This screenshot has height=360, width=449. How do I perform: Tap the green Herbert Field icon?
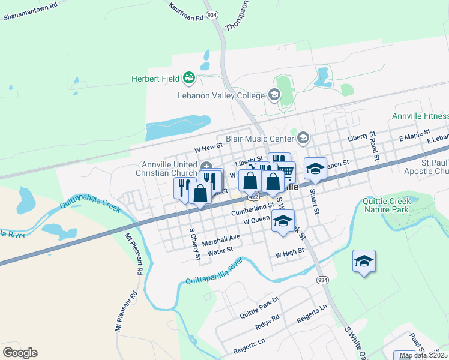pos(190,77)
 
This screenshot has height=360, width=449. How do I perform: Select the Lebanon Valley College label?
pos(221,95)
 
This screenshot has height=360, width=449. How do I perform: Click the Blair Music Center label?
pos(260,138)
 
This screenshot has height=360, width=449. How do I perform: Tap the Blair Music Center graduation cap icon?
pos(303,138)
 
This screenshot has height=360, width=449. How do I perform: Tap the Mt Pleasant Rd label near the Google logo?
pos(126,311)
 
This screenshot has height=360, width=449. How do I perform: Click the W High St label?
pos(291,254)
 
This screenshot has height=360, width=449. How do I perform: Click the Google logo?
pos(20,353)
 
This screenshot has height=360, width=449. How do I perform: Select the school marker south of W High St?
pos(363,262)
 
